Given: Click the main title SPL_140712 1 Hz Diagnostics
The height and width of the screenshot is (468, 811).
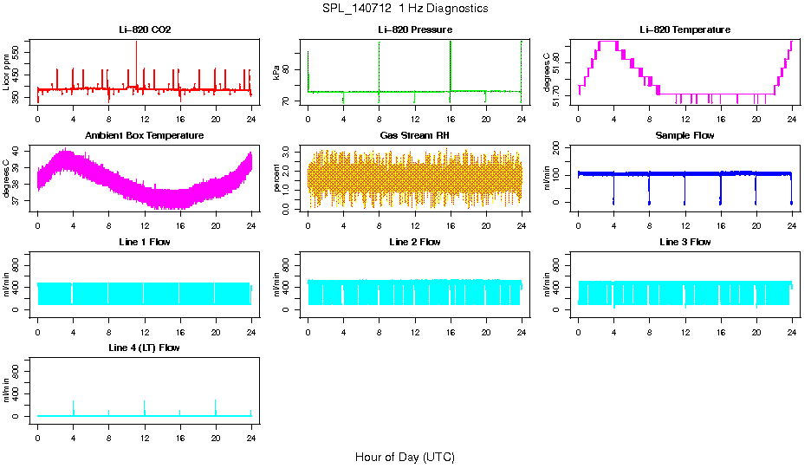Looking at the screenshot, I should (405, 9).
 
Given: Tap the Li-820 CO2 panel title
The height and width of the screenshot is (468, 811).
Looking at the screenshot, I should (145, 30).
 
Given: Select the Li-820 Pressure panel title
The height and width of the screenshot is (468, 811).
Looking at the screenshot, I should (414, 30).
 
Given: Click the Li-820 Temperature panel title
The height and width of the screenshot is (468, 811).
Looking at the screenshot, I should (684, 30).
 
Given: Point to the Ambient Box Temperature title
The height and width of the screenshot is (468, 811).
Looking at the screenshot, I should (145, 136).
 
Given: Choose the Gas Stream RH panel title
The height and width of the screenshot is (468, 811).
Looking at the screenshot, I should (414, 136).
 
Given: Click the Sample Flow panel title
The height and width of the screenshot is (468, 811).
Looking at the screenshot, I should (684, 136).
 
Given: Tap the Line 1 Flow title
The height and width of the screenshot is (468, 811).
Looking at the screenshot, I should (145, 242).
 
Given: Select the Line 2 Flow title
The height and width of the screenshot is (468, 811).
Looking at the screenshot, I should (414, 242).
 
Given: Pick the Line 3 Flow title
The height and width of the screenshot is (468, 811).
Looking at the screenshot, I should (684, 242).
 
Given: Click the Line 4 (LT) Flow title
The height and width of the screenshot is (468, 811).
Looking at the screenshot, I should (145, 348).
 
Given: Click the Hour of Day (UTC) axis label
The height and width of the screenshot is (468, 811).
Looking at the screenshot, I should (405, 457).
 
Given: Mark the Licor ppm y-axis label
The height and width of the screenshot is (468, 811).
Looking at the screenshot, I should (7, 73).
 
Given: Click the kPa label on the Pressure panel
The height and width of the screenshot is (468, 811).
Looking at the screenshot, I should (277, 73).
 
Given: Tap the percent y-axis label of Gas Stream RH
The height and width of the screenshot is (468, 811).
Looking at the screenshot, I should (277, 179).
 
